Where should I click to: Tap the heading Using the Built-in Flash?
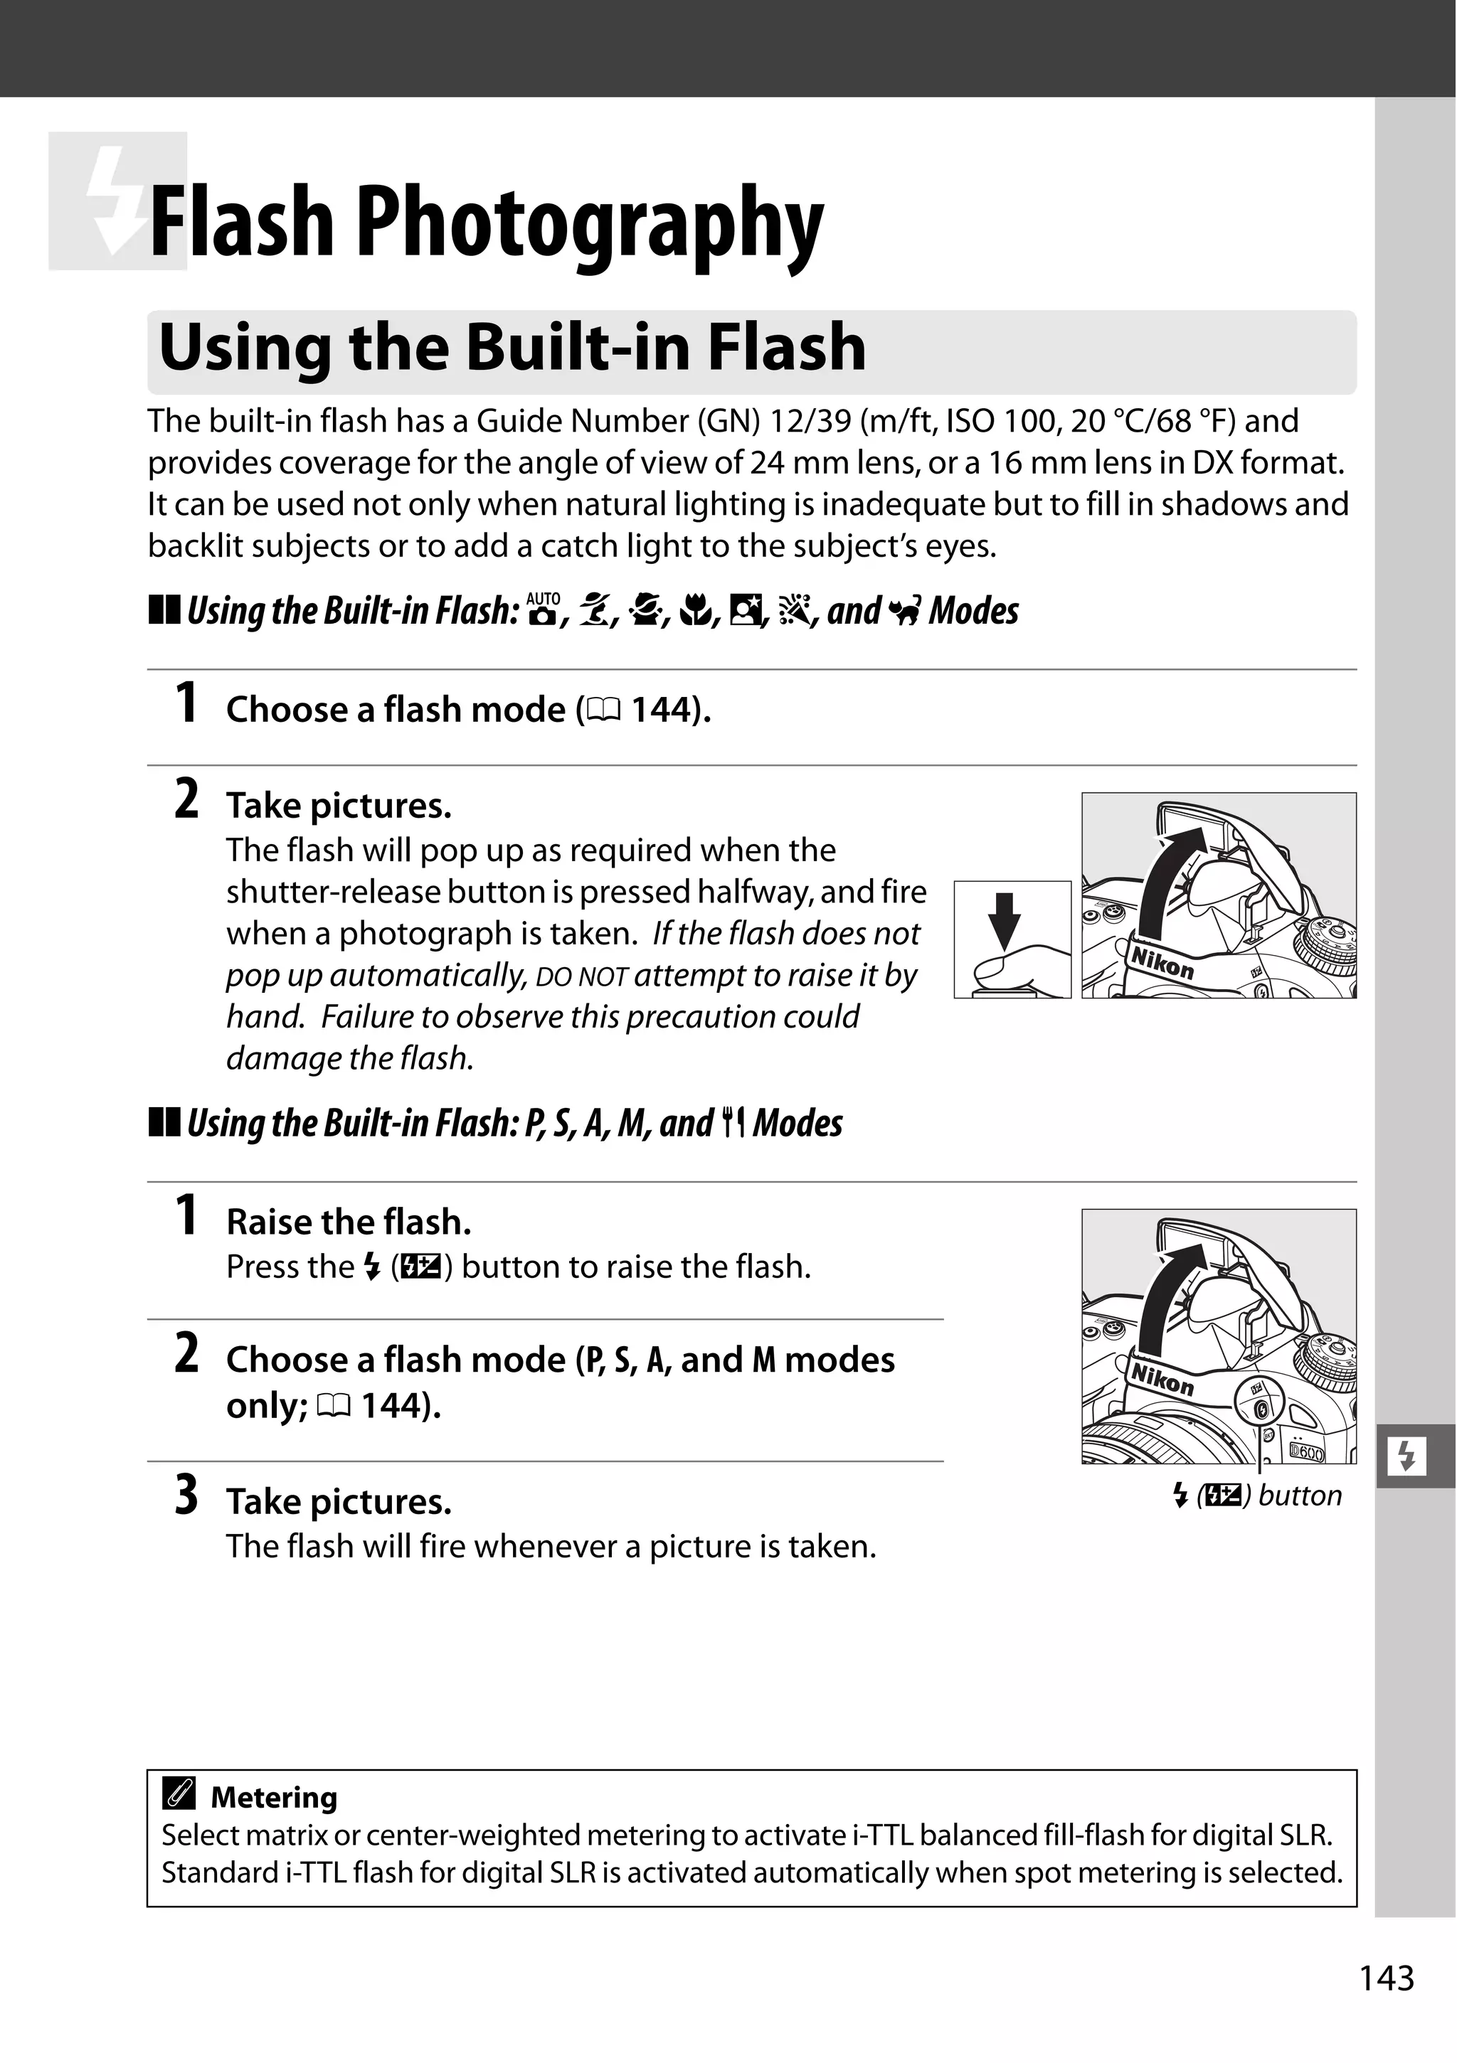pyautogui.click(x=512, y=348)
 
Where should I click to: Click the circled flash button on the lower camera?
pyautogui.click(x=1261, y=1408)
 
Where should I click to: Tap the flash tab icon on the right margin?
pyautogui.click(x=1406, y=1456)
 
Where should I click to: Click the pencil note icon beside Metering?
pyautogui.click(x=178, y=1795)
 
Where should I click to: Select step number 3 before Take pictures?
pyautogui.click(x=186, y=1497)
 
